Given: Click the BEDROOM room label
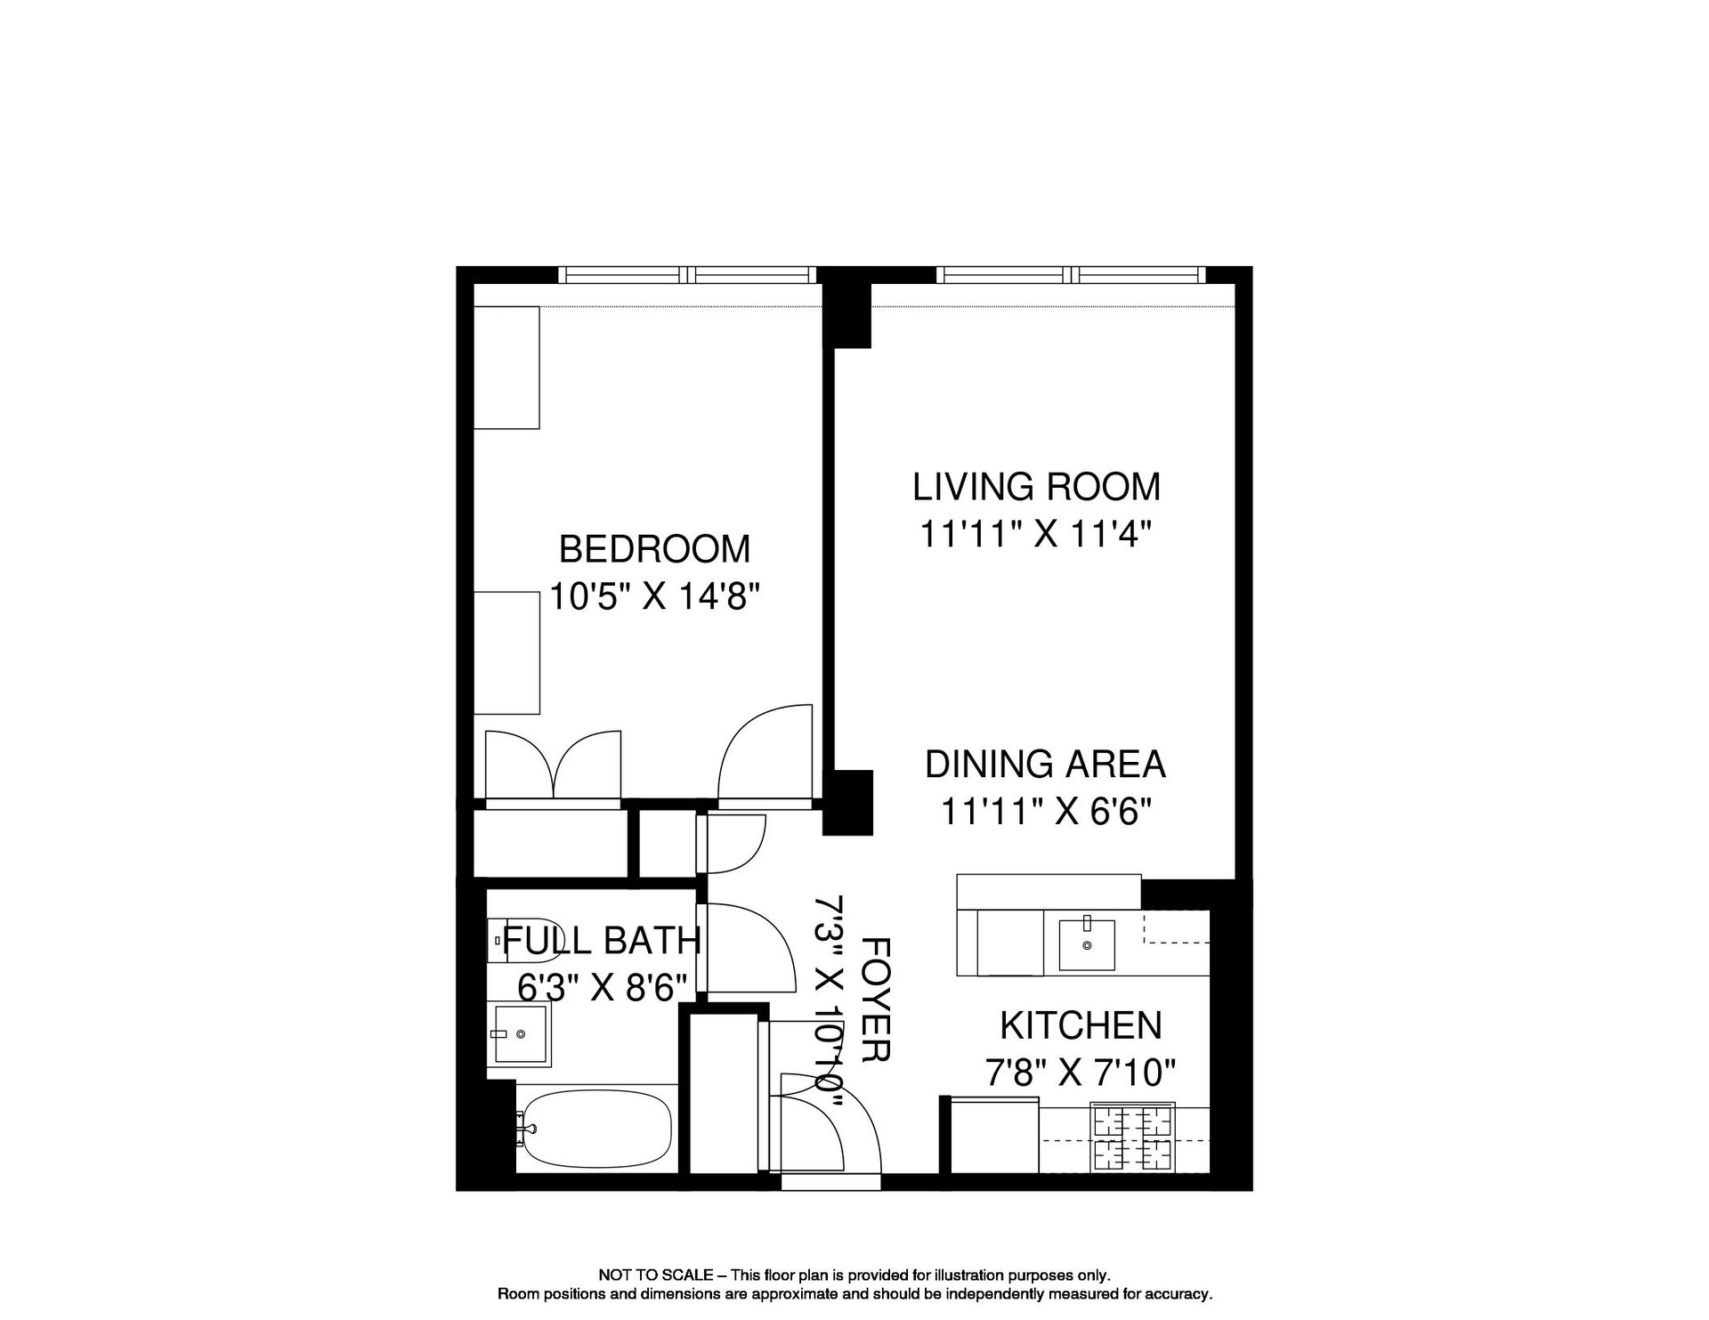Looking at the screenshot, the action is [x=654, y=548].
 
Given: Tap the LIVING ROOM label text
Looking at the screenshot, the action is [x=1037, y=486].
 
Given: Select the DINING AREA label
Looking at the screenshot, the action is [x=1045, y=764].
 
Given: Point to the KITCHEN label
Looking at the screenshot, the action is [x=1081, y=1025].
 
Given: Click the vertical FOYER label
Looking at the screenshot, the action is [x=877, y=998].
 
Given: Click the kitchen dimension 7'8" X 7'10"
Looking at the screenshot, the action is [x=1081, y=1073].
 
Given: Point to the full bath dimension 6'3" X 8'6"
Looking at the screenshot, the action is [x=603, y=987].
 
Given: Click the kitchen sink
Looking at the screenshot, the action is [x=1086, y=944].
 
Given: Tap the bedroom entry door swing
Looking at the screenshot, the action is [x=765, y=755].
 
